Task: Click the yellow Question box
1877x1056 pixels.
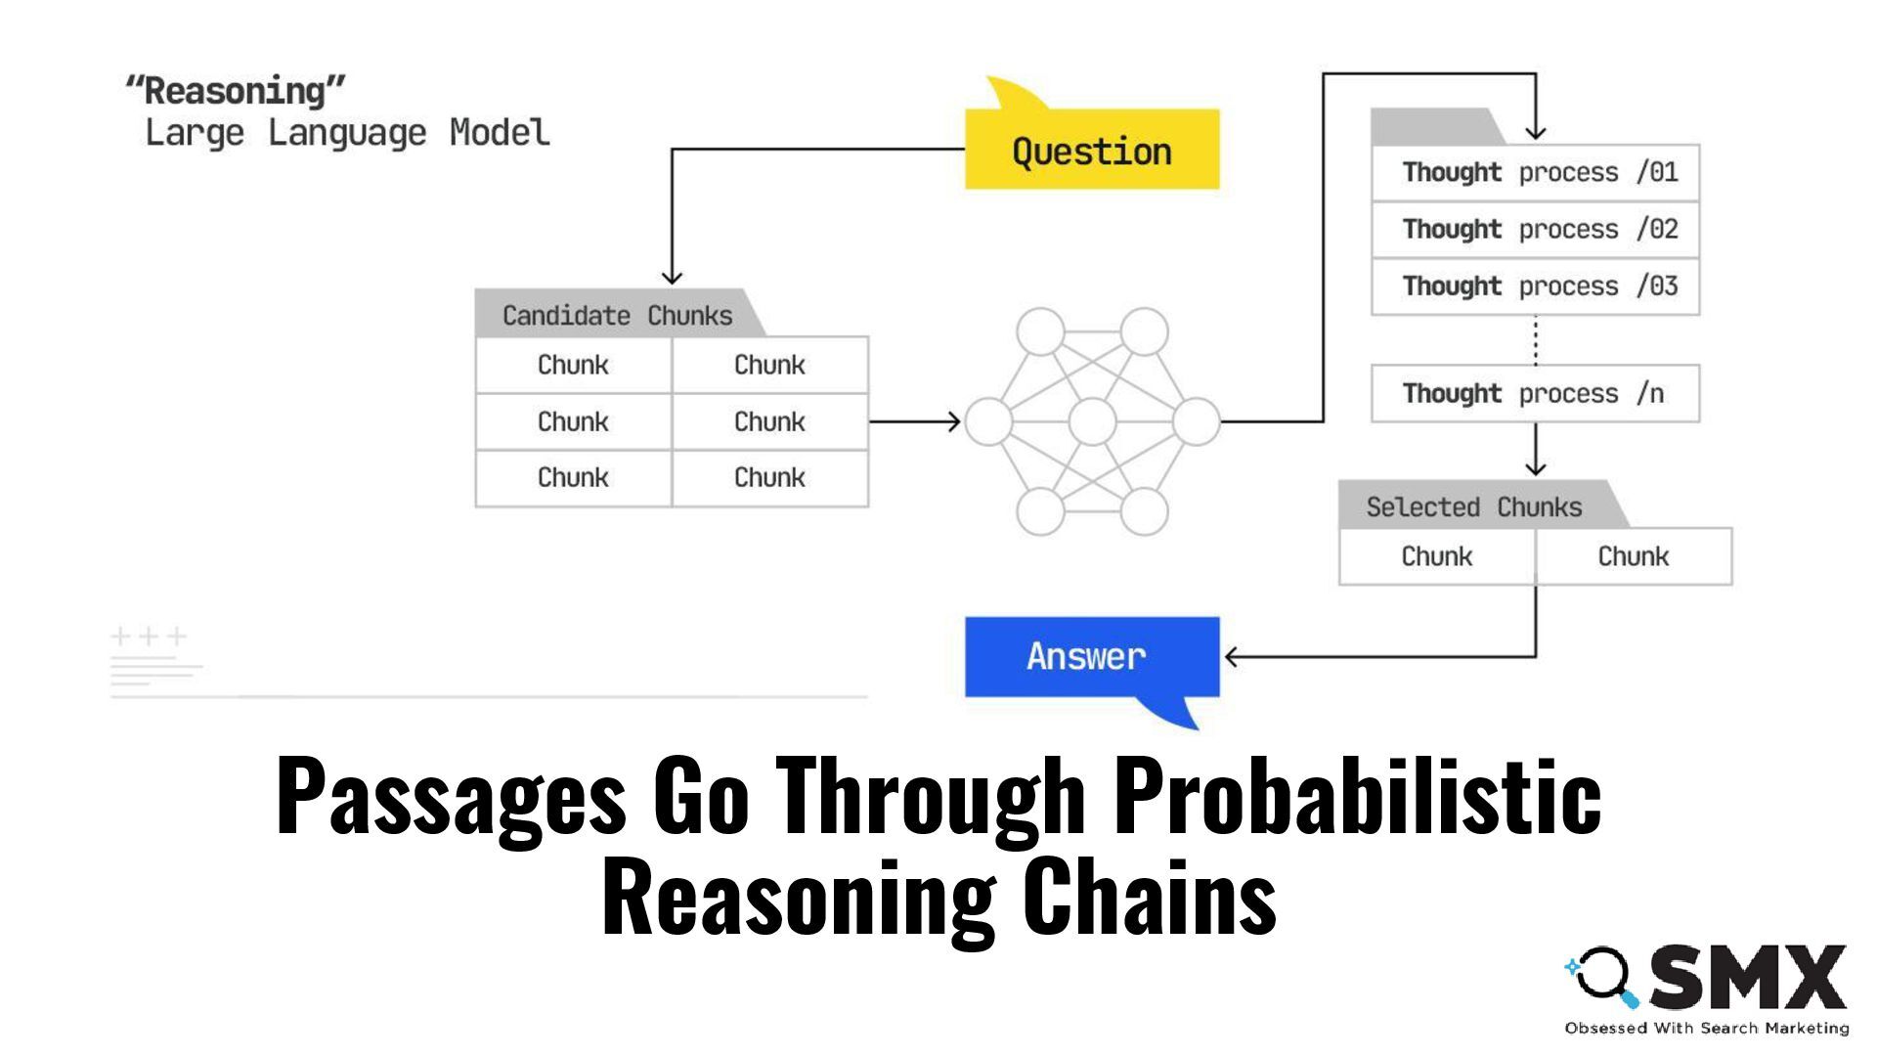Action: [1092, 150]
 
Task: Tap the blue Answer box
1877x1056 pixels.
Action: [1092, 656]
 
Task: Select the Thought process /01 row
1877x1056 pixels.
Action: [1535, 172]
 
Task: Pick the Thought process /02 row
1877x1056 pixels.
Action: [1535, 229]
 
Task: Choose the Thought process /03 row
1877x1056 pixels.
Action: [1535, 286]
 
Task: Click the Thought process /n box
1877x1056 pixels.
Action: [1535, 393]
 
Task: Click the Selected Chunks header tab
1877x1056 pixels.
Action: [1473, 506]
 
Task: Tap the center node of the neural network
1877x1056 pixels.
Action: [1092, 422]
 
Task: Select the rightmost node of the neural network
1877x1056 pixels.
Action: [1196, 422]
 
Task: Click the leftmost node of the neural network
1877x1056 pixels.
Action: [988, 422]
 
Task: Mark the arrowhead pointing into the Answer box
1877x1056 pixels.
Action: [1232, 657]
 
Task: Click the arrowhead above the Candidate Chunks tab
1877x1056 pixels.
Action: [672, 278]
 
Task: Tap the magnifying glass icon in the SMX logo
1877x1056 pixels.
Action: [1603, 976]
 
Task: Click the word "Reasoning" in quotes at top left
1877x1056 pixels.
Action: [236, 91]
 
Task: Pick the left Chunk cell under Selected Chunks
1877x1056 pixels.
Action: [1436, 556]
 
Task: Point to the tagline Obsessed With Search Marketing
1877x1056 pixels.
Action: [1706, 1028]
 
